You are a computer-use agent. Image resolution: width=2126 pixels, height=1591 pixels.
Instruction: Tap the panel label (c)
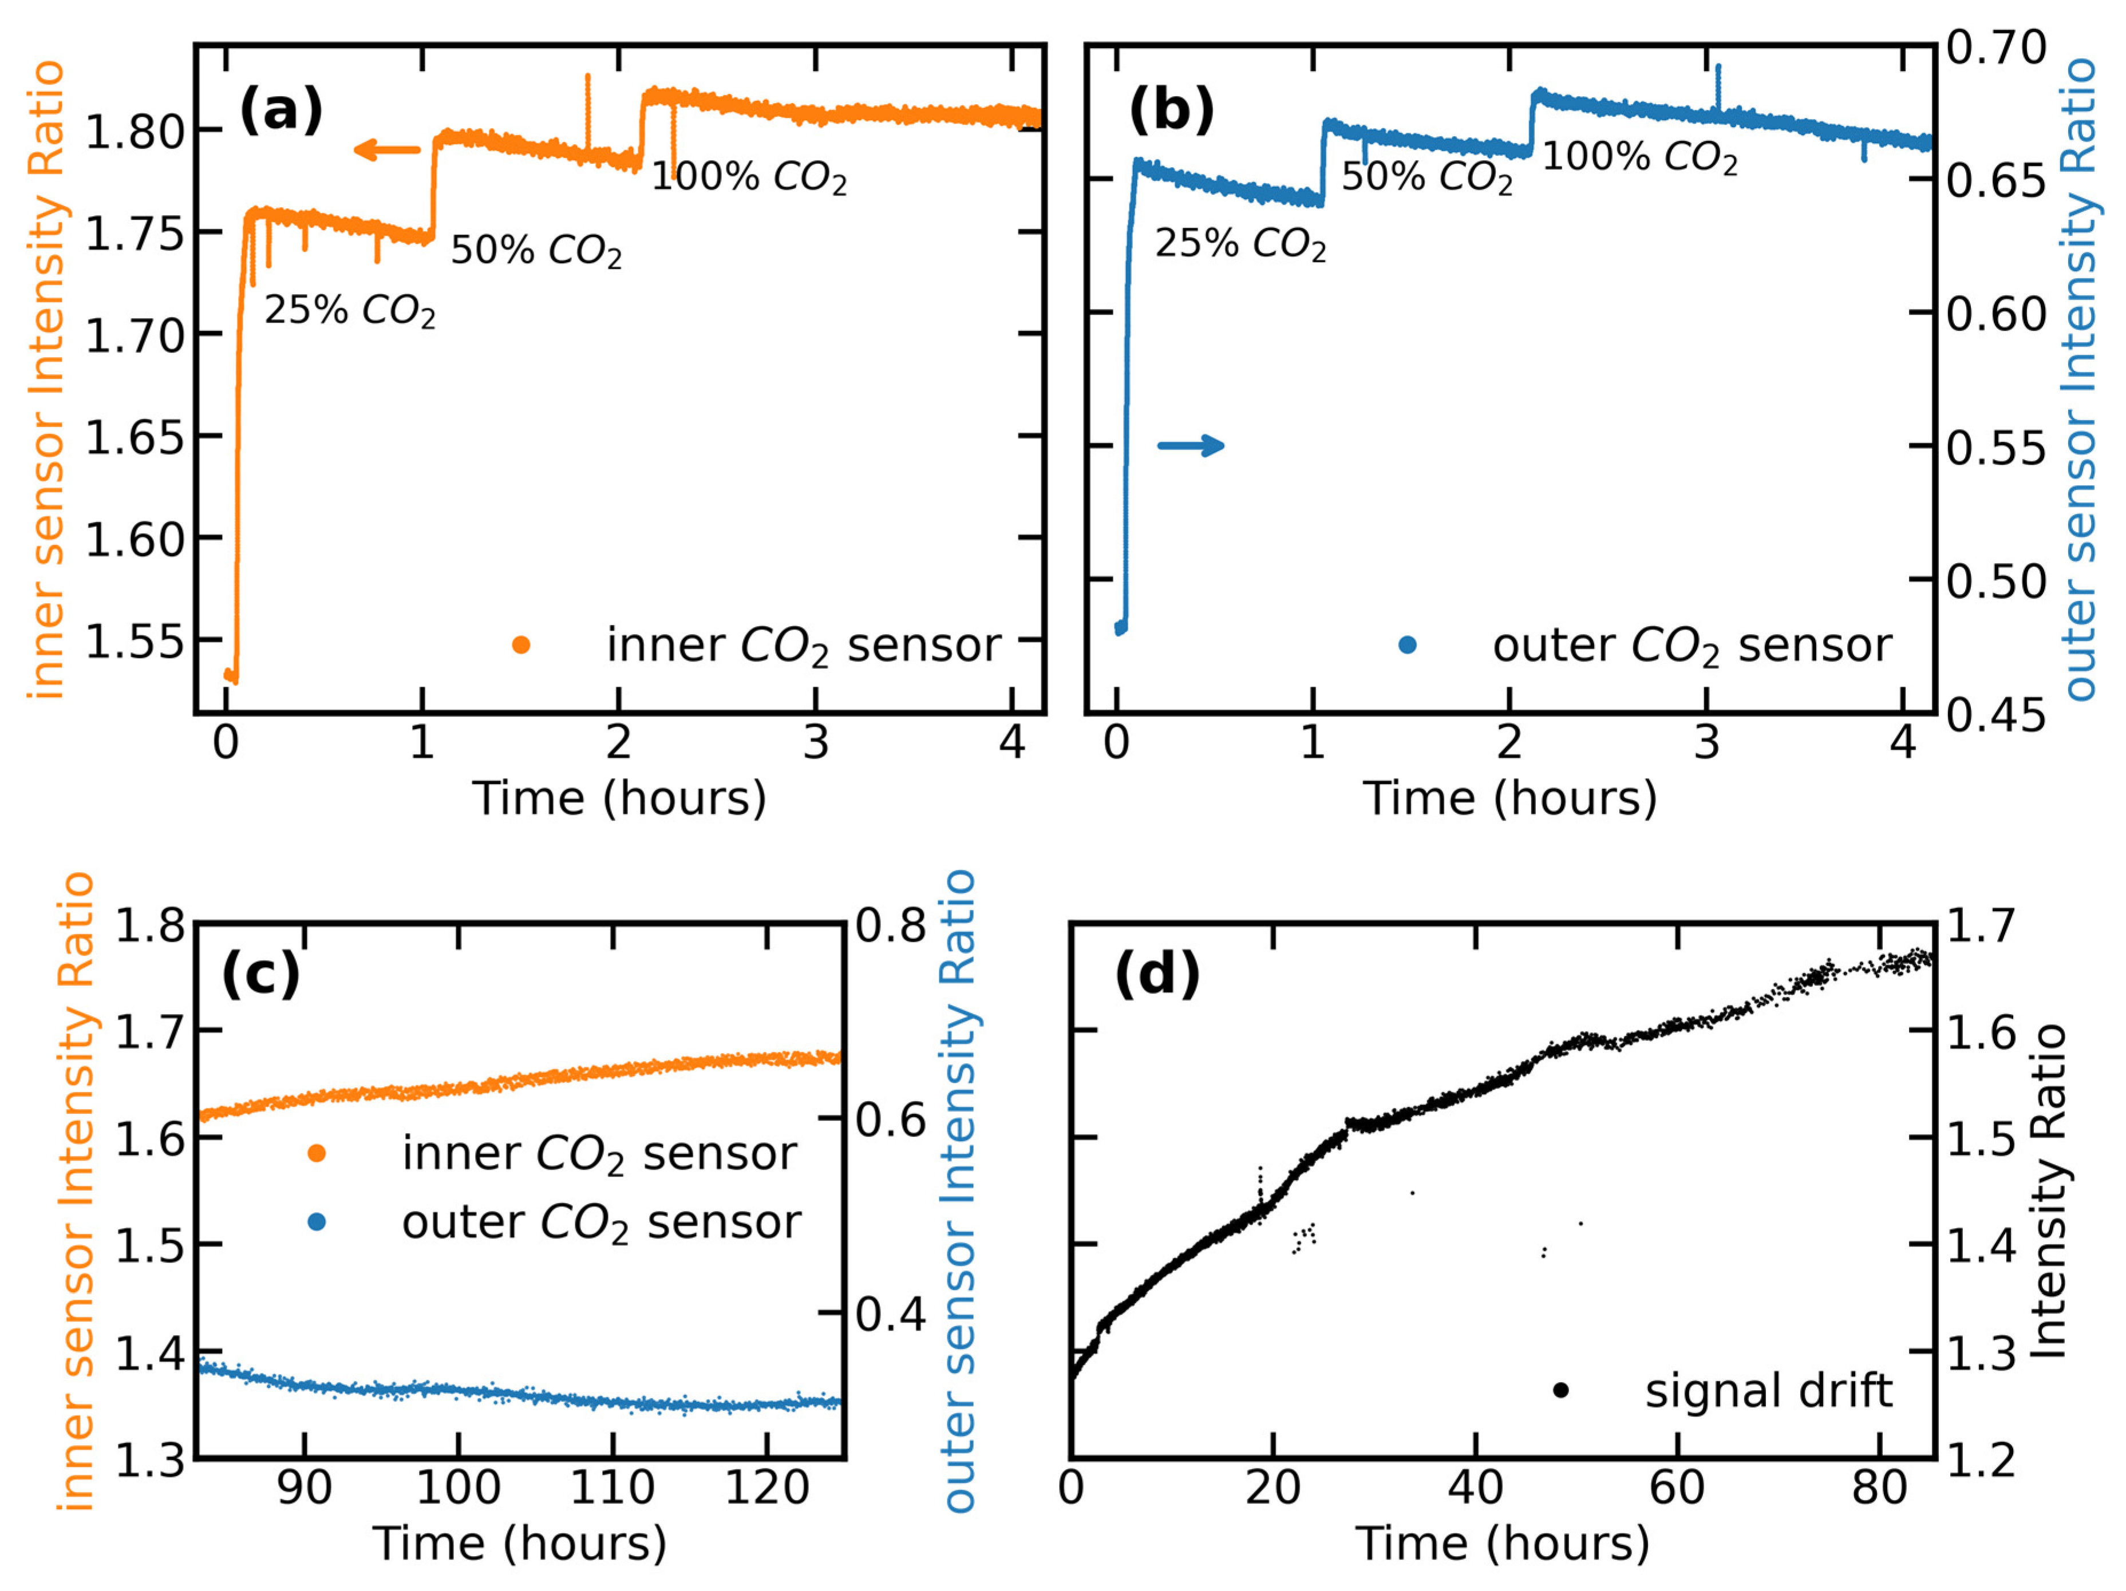tap(260, 974)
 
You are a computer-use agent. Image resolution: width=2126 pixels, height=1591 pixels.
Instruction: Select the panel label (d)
tap(1157, 974)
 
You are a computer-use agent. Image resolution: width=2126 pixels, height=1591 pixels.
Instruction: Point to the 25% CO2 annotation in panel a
tap(350, 310)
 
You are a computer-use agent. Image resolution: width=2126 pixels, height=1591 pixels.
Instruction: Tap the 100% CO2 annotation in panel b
tap(1639, 157)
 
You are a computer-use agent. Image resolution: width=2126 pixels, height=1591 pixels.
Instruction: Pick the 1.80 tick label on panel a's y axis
tap(135, 132)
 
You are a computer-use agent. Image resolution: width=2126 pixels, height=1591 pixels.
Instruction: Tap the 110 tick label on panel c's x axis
tap(612, 1487)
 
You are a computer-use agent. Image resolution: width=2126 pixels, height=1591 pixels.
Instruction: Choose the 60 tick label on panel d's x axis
tap(1677, 1487)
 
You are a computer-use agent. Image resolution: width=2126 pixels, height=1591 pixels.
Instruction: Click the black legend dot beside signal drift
tap(1561, 1390)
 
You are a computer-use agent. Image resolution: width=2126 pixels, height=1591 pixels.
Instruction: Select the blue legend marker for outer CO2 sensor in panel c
tap(316, 1222)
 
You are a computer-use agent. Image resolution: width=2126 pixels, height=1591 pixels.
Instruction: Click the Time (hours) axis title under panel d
tap(1502, 1544)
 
